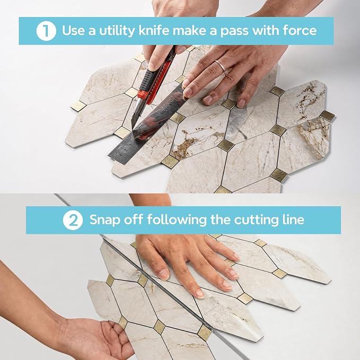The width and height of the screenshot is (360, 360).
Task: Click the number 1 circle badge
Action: click(46, 31)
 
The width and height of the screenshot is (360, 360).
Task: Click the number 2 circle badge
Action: click(73, 220)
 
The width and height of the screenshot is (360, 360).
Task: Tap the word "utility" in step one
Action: click(117, 31)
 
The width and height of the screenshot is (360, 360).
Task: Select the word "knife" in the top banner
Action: click(154, 30)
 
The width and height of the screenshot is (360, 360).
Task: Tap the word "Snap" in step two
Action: click(105, 220)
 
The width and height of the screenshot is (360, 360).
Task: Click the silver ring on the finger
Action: click(221, 66)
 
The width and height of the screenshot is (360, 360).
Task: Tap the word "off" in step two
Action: click(134, 219)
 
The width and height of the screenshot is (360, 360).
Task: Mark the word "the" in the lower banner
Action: click(221, 219)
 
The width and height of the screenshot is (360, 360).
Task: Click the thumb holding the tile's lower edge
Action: click(113, 326)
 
